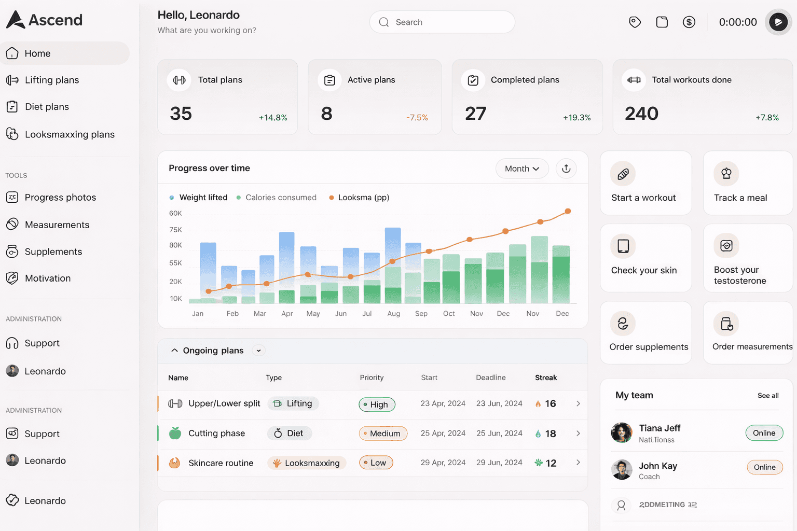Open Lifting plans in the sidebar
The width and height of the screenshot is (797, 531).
[x=52, y=80]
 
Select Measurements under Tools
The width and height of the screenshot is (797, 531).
[x=57, y=225]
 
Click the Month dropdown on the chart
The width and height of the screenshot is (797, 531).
[x=522, y=169]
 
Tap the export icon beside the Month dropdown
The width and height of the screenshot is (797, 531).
[x=566, y=169]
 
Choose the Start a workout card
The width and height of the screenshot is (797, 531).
[x=645, y=183]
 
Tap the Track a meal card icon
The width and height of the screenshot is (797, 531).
[x=726, y=174]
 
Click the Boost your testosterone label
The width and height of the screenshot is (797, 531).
[x=739, y=275]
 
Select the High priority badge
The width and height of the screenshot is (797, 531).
[x=377, y=404]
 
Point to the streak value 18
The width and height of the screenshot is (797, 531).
[x=551, y=434]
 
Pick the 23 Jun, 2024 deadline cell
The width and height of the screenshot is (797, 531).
[x=499, y=403]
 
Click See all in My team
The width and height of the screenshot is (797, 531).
[x=767, y=396]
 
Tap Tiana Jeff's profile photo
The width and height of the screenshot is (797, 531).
[x=622, y=432]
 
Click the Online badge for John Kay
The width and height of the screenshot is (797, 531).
[x=764, y=467]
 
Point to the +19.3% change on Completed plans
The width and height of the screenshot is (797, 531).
[x=576, y=118]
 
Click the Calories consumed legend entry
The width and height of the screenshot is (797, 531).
[x=281, y=198]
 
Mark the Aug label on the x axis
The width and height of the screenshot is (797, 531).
[x=393, y=314]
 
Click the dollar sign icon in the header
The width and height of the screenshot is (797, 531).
[x=689, y=22]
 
